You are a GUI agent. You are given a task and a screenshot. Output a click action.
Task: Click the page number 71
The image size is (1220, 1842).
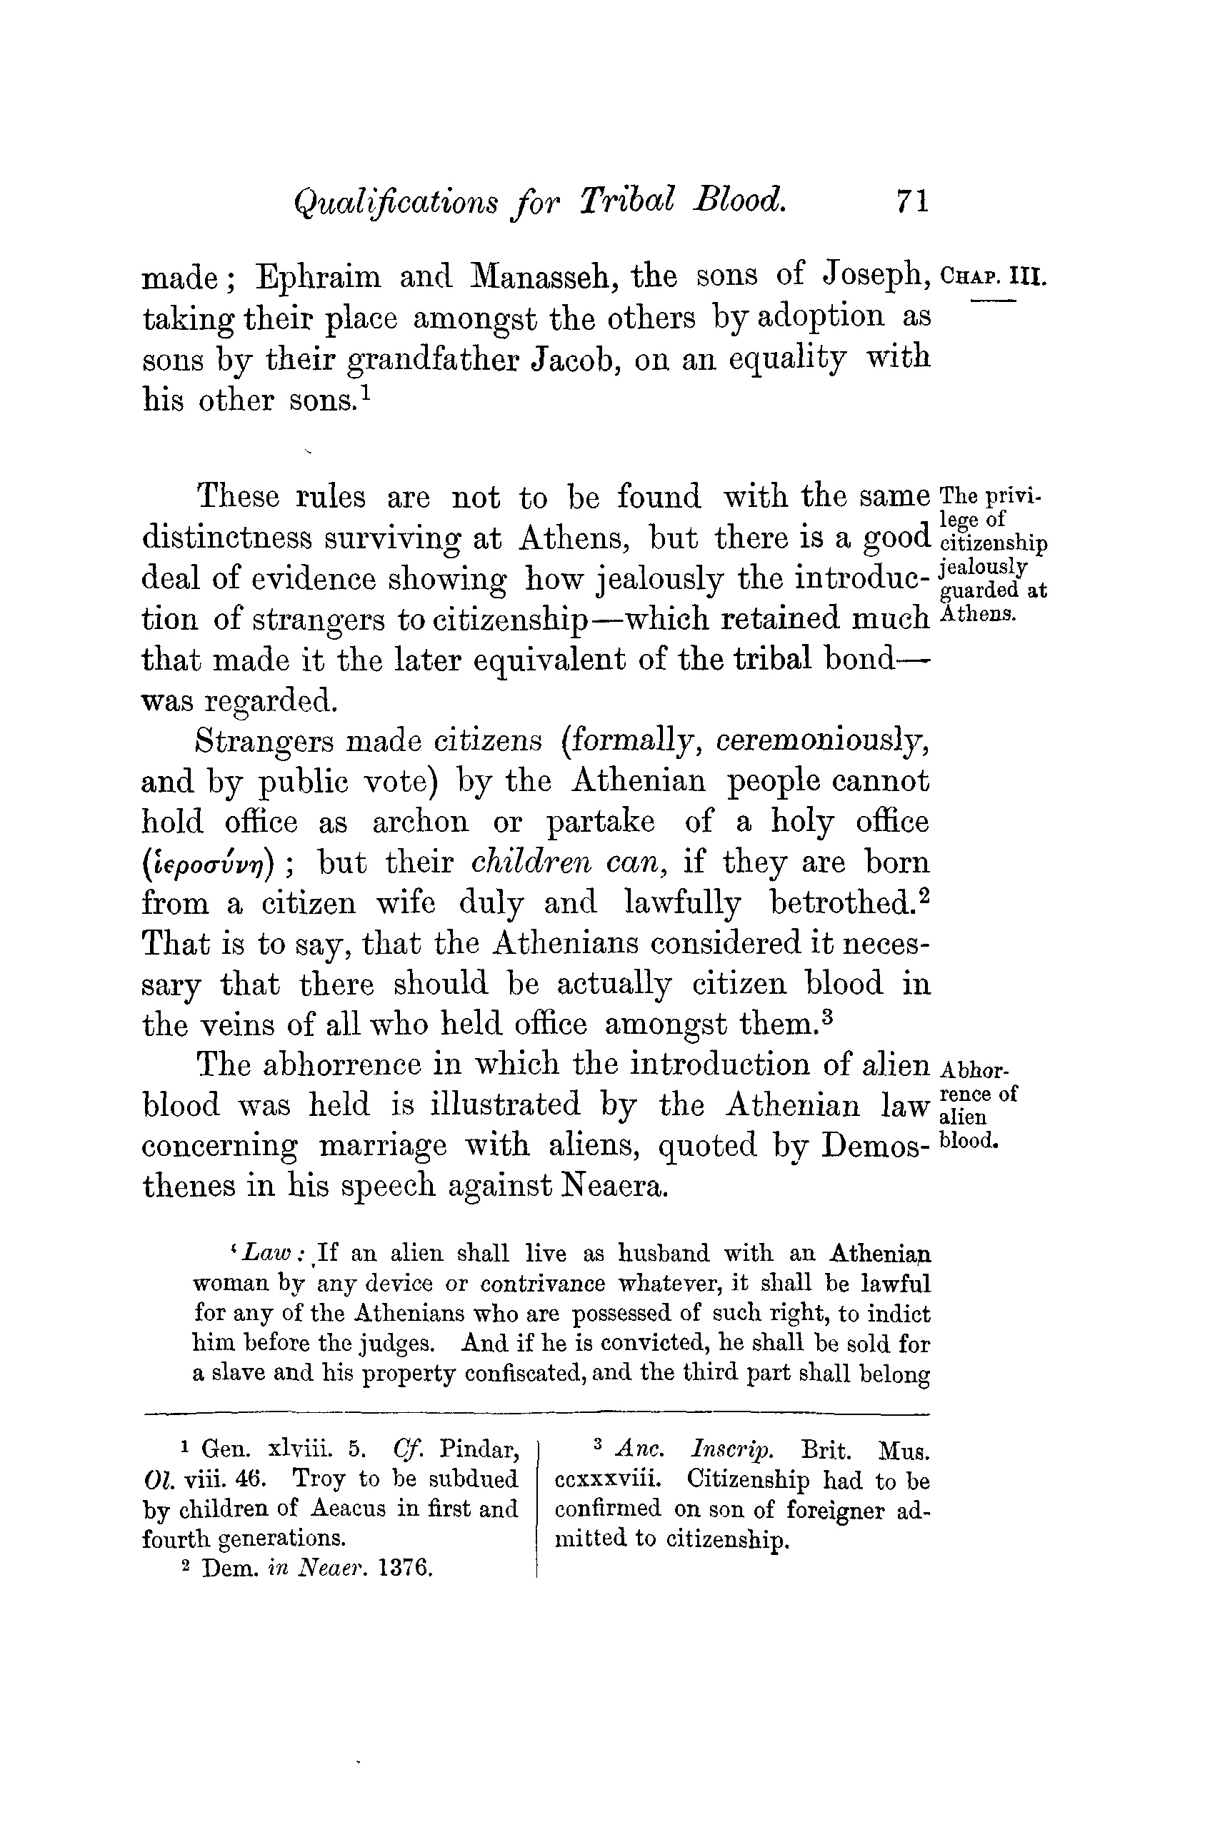pyautogui.click(x=912, y=201)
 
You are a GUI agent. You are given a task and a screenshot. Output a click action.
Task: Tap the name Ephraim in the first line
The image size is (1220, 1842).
pyautogui.click(x=319, y=277)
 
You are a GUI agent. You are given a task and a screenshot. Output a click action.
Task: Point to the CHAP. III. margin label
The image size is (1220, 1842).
pyautogui.click(x=994, y=276)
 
